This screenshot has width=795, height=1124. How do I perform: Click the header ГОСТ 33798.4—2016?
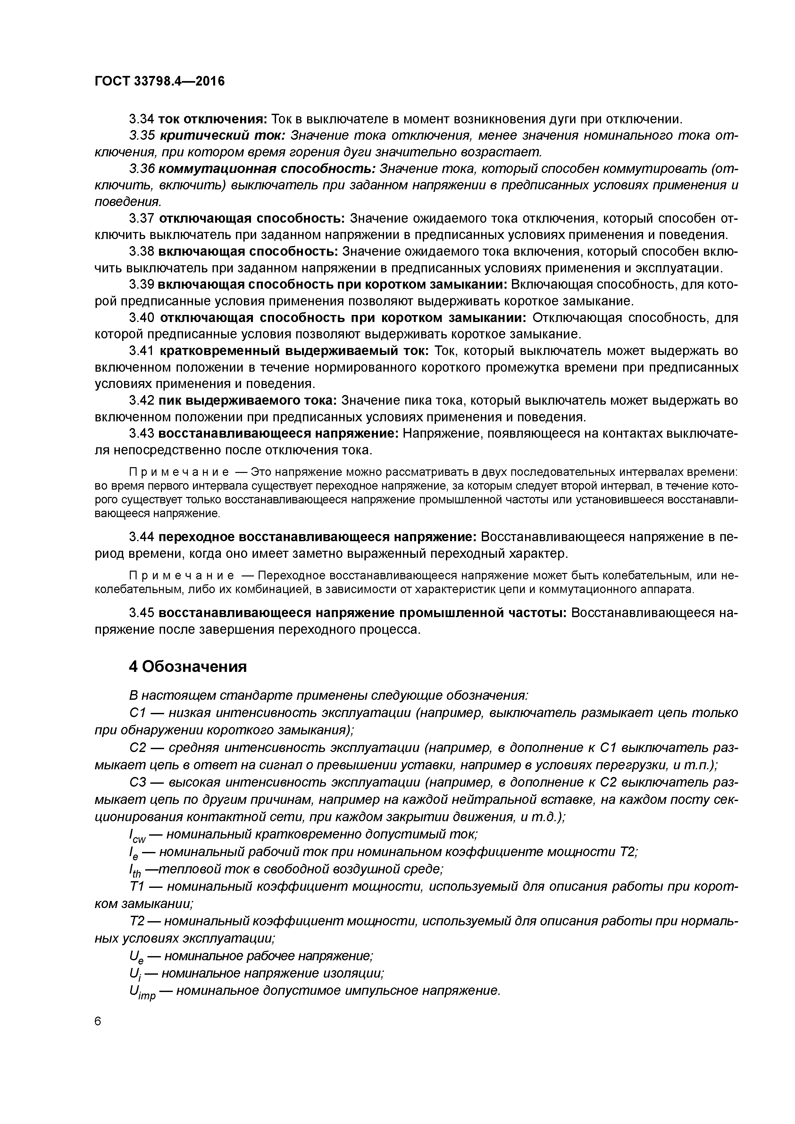(160, 81)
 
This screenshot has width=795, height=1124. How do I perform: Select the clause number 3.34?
(142, 119)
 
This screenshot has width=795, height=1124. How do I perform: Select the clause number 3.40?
(142, 318)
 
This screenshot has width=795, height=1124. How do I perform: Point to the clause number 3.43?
(142, 434)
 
